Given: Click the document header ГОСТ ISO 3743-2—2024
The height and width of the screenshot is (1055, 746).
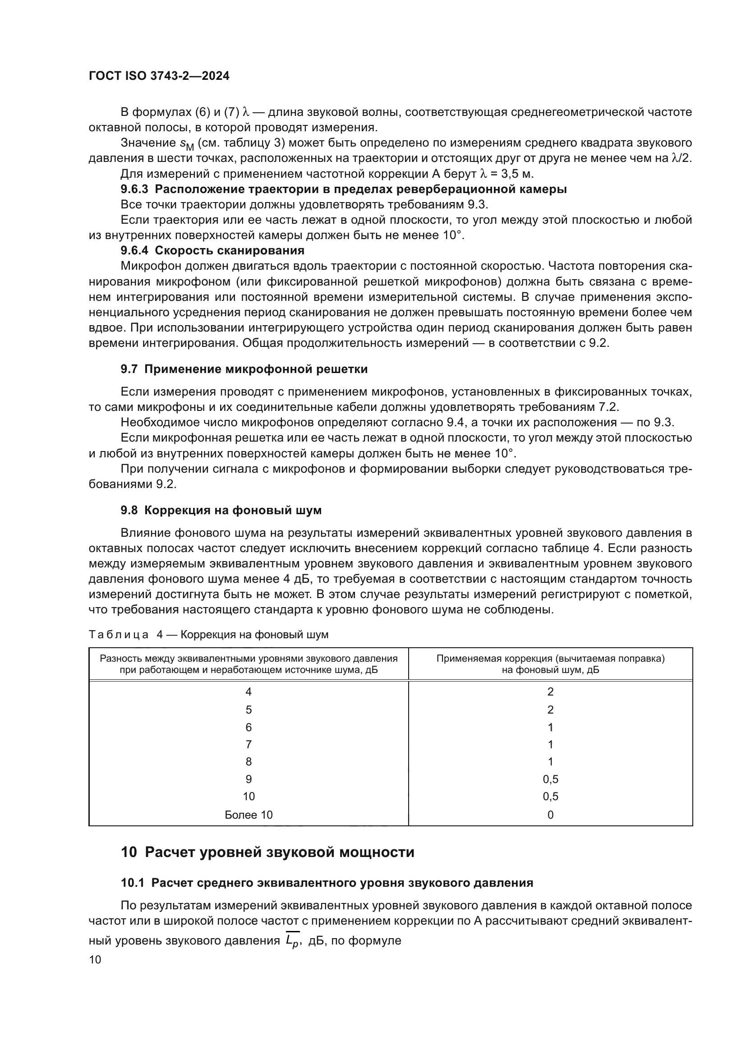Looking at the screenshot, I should [x=159, y=76].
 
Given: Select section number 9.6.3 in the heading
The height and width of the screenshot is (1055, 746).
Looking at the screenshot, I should [x=134, y=189].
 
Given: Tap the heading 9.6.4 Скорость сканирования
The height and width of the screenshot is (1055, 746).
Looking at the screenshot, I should [x=212, y=250].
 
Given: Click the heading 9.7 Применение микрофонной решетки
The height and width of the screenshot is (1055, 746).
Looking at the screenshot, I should [x=244, y=369].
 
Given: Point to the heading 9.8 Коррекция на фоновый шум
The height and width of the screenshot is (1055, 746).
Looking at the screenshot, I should [x=221, y=510].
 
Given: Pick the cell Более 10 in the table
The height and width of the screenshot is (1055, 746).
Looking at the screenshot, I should [x=249, y=815].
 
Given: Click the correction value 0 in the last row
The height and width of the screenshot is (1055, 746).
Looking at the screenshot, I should [x=550, y=815].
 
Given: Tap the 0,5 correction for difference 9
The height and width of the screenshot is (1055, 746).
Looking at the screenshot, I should [x=550, y=779].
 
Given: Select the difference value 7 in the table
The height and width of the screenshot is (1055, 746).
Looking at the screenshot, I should [x=249, y=744].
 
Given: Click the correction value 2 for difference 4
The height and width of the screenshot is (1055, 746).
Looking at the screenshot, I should [x=550, y=692].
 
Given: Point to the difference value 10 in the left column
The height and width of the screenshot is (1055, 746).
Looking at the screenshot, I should [x=249, y=796].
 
